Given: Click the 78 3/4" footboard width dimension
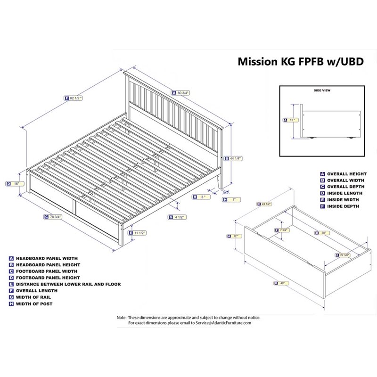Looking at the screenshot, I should point(55,217).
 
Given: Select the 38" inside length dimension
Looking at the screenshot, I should point(324,232).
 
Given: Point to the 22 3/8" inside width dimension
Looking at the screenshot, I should point(345,255).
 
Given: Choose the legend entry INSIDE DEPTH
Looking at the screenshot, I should point(342,206).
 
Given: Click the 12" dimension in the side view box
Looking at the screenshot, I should point(292,120).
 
